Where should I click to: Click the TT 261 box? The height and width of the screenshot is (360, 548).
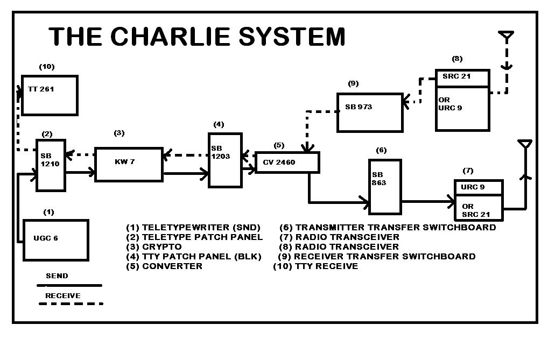pos(50,95)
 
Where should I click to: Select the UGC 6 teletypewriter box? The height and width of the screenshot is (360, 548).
pos(56,239)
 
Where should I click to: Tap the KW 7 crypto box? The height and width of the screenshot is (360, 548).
pos(129,164)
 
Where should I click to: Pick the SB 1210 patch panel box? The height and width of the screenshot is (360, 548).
pos(51,165)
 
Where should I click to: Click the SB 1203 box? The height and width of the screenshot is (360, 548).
pos(225,159)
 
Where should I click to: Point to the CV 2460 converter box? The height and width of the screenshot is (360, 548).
pos(287,162)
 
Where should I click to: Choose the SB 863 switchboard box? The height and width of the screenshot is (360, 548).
pos(385,186)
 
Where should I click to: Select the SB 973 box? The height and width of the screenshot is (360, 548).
pos(369,112)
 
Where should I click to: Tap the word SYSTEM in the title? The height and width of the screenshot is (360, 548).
pos(291,37)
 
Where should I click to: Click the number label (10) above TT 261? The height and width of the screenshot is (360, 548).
pos(47,67)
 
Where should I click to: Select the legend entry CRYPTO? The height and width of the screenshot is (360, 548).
pos(161,246)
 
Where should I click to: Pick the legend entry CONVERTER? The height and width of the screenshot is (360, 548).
pos(172,266)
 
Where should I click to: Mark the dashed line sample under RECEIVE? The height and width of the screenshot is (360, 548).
pos(71,303)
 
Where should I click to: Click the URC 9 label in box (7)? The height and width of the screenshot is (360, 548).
pos(472,187)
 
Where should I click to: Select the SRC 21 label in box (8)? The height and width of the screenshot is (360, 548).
pos(456,76)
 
